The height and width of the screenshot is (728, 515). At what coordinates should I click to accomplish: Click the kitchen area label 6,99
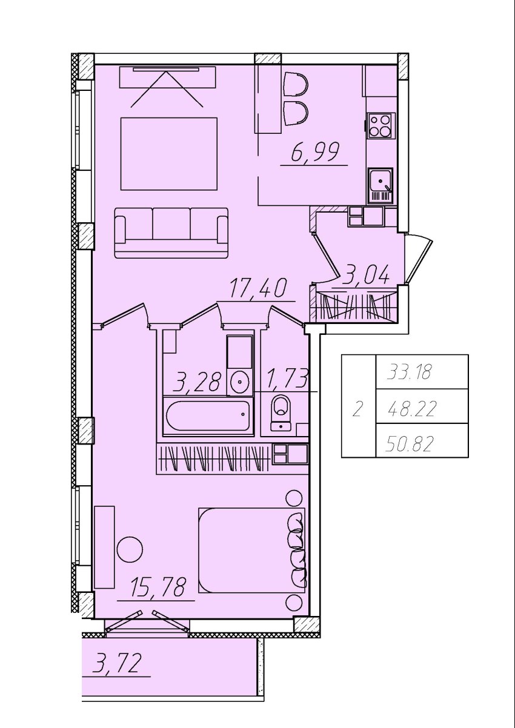coord(315,151)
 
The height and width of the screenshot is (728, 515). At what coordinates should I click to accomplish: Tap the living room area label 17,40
coord(259,288)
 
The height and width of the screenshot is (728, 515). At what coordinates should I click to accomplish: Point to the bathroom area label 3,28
coord(197,382)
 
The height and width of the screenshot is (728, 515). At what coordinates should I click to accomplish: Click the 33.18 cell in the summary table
coord(409,372)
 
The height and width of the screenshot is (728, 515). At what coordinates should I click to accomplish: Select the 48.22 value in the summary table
coord(411,409)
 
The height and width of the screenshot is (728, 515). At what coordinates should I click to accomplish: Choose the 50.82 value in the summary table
coord(409,445)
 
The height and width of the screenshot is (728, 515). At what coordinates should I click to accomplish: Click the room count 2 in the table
coord(357,409)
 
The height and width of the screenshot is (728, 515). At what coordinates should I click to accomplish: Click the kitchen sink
coord(380,185)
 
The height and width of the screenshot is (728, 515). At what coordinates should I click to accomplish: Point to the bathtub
coord(208,416)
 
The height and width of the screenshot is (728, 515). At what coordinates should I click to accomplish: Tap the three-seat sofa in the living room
coord(171,233)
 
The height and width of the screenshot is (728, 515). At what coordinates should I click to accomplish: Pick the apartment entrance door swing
coord(419,259)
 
